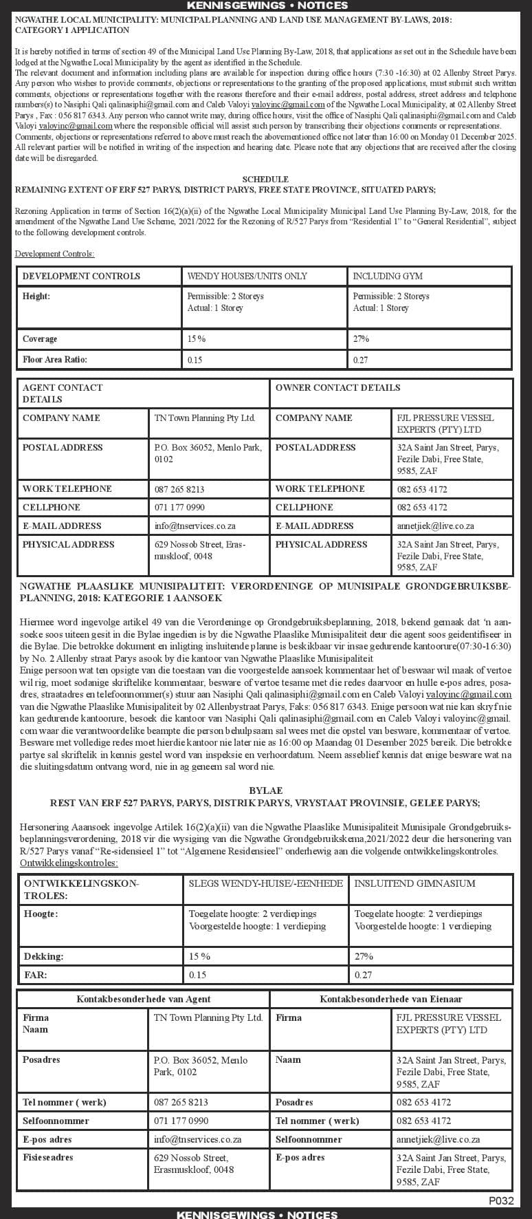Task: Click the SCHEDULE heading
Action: (265, 179)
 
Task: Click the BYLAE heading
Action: (265, 791)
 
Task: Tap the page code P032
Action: (501, 1200)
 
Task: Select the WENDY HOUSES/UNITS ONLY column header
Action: (247, 276)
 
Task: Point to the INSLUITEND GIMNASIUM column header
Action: (414, 883)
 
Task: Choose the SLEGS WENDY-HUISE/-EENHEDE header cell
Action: (265, 883)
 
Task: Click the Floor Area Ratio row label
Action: (55, 359)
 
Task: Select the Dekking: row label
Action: (43, 956)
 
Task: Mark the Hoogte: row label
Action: (41, 914)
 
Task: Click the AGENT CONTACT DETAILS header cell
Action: (62, 393)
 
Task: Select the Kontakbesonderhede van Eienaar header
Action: (390, 998)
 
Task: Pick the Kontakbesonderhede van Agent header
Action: (144, 998)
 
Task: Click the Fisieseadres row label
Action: (48, 1157)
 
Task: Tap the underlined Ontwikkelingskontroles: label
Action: (69, 863)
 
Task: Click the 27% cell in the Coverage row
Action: (361, 338)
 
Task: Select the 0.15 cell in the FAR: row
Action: (197, 975)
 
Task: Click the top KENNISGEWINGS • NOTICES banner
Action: (266, 6)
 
